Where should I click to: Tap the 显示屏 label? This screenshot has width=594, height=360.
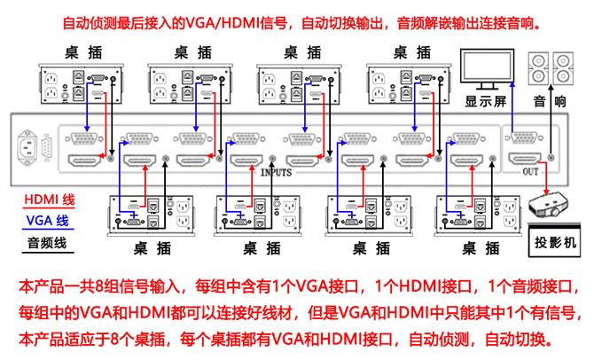[x=485, y=101]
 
